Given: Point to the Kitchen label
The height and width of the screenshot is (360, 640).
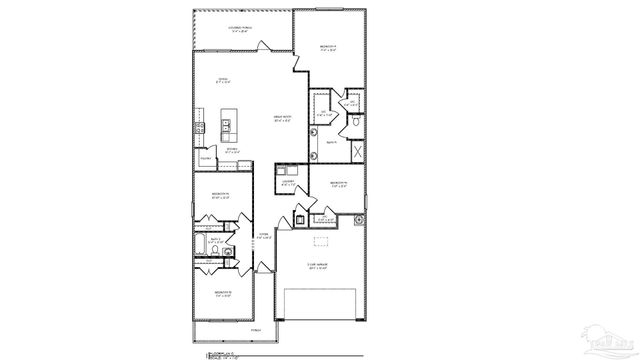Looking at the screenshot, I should pyautogui.click(x=231, y=151).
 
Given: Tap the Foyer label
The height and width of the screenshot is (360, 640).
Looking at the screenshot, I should pyautogui.click(x=264, y=236).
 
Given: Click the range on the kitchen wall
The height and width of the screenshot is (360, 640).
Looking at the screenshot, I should pyautogui.click(x=198, y=128).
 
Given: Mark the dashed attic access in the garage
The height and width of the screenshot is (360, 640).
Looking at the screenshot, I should pyautogui.click(x=321, y=239).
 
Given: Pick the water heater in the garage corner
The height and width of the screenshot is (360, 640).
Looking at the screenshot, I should pyautogui.click(x=299, y=219).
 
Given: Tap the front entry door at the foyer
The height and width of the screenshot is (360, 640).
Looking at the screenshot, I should pyautogui.click(x=259, y=267).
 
